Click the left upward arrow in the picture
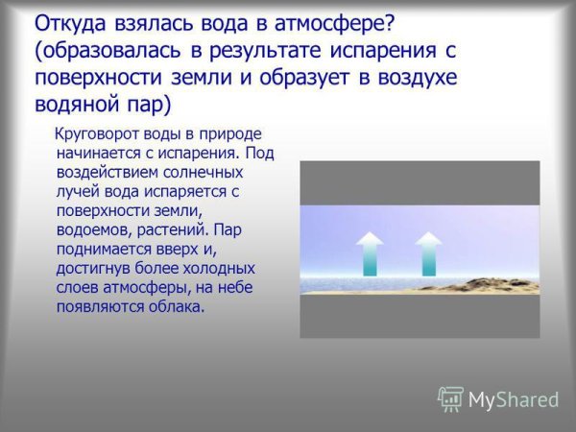coord(370,253)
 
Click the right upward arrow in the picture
coord(428,253)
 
